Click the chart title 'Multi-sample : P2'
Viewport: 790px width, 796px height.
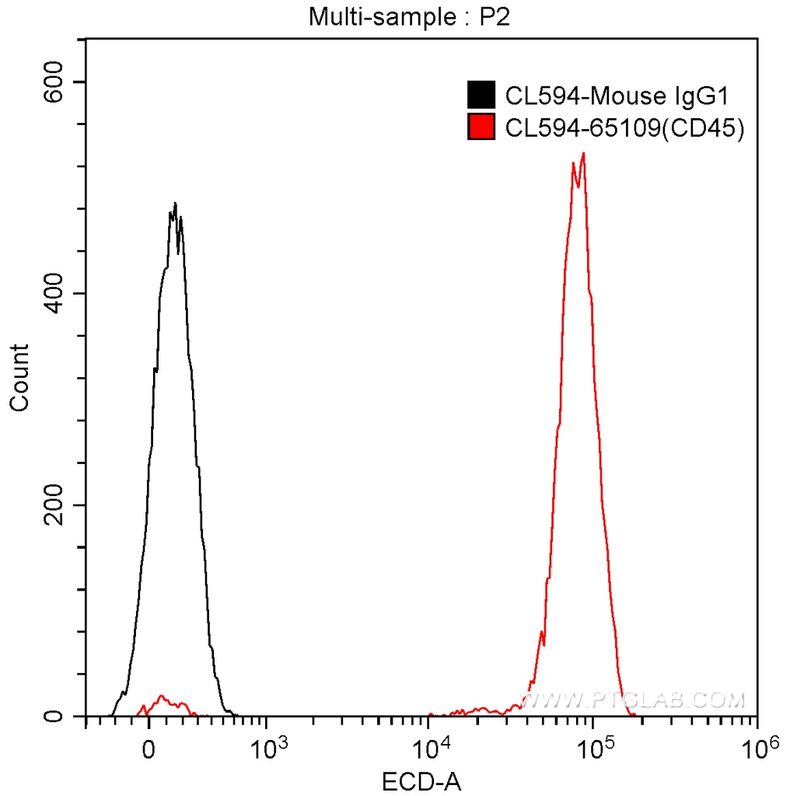tap(408, 16)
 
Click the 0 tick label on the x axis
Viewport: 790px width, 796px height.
tap(149, 752)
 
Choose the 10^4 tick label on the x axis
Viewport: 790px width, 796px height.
tap(430, 750)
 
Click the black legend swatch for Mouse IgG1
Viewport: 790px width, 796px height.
tap(481, 96)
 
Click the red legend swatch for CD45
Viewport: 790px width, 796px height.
tap(481, 127)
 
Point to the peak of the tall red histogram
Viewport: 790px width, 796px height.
tap(582, 154)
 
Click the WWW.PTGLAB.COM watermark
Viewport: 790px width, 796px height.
tap(634, 700)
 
